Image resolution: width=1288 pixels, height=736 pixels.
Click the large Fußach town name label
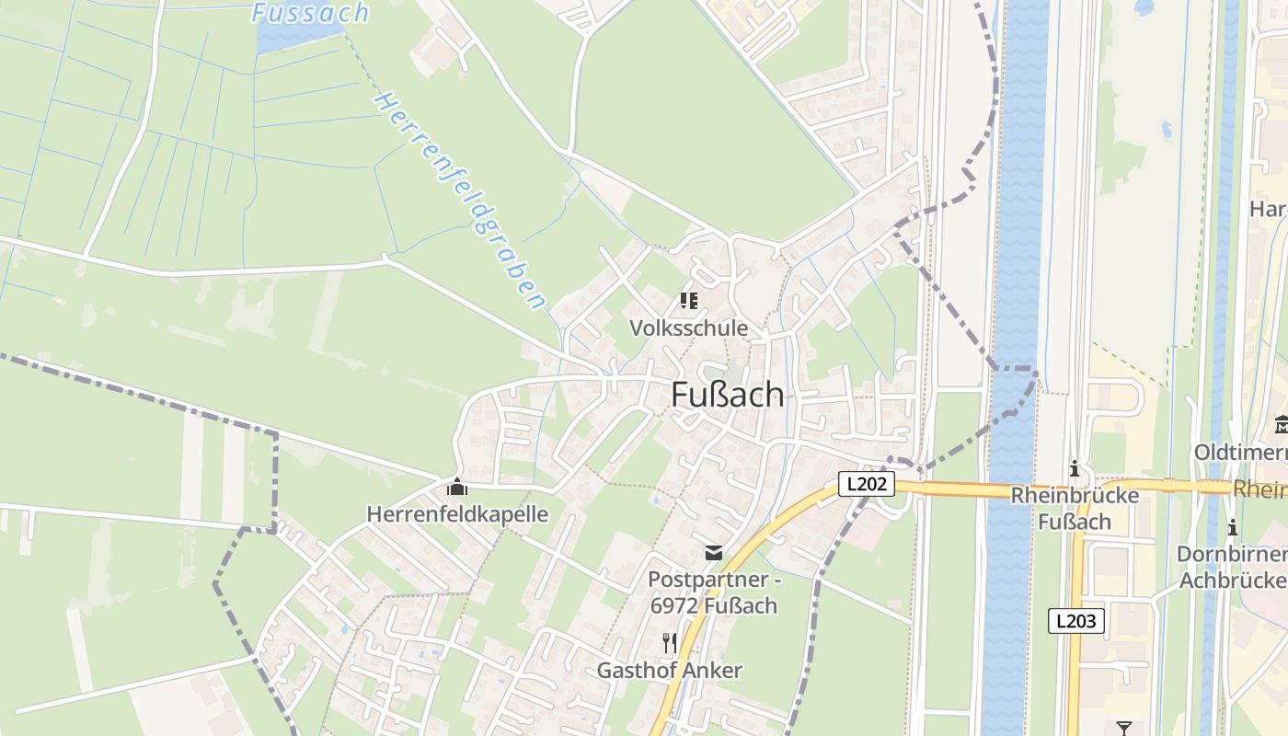(x=728, y=395)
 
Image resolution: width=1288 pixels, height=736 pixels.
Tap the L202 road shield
(x=867, y=483)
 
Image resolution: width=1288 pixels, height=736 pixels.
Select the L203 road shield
(x=1075, y=620)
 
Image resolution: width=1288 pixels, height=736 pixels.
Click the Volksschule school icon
(x=688, y=301)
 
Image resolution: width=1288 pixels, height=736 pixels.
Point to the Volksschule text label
(x=688, y=328)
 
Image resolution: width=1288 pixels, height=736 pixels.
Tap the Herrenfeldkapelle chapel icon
(x=457, y=487)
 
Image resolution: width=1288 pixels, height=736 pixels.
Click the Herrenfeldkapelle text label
(x=457, y=513)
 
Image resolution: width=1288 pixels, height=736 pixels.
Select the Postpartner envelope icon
(x=713, y=552)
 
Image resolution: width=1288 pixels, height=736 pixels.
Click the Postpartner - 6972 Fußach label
(x=713, y=592)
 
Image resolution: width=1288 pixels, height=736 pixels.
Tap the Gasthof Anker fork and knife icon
(x=669, y=642)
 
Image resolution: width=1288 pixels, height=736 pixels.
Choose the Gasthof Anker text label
(x=669, y=670)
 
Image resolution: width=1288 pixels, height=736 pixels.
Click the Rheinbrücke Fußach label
(x=1075, y=508)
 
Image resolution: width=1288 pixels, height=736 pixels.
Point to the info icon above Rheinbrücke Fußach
(x=1074, y=469)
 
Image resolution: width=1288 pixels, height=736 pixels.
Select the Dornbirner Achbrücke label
(x=1233, y=567)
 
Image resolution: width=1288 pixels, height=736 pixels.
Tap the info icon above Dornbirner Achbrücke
(x=1232, y=527)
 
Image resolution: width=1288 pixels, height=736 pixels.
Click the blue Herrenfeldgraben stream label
(x=460, y=200)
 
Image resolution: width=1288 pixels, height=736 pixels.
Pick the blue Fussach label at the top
(x=310, y=13)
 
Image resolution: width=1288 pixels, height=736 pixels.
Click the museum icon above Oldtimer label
(x=1281, y=425)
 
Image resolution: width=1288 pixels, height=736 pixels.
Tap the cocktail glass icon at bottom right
(x=1123, y=729)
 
